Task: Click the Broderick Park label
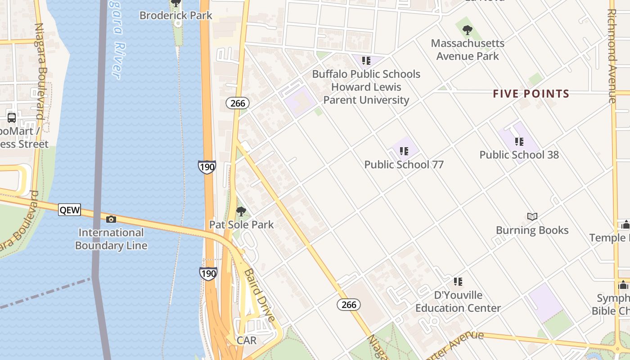click(x=175, y=15)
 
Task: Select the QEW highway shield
click(x=69, y=210)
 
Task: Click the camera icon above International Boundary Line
click(x=111, y=219)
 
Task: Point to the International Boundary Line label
click(x=111, y=239)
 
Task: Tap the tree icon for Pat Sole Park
click(x=241, y=211)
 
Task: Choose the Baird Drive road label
click(x=260, y=295)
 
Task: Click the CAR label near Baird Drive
click(x=246, y=341)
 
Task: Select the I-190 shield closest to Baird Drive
click(x=208, y=273)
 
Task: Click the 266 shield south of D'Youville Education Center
click(x=349, y=305)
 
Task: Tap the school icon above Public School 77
click(x=404, y=151)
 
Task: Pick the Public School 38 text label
click(x=519, y=155)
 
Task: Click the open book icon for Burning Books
click(x=532, y=216)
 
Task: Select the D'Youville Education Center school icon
click(x=458, y=282)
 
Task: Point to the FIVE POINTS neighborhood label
click(x=531, y=94)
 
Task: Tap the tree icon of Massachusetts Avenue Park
click(x=468, y=31)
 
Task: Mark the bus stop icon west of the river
click(x=12, y=118)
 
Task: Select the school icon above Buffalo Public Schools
click(x=366, y=61)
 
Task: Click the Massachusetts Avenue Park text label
click(x=468, y=49)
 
